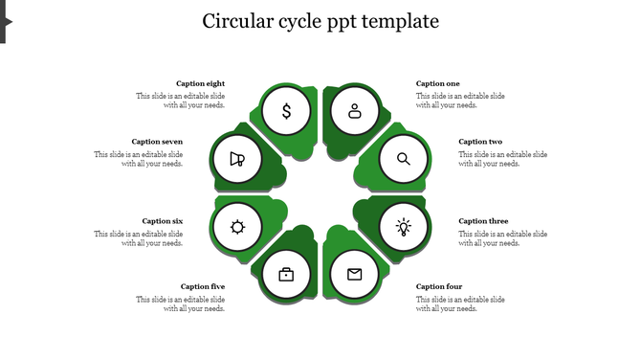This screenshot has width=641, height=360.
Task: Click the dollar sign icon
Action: click(286, 112)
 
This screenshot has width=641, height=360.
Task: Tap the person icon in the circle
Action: click(355, 111)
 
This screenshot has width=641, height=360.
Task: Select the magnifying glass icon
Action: click(404, 159)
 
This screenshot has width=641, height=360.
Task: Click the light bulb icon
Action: click(404, 228)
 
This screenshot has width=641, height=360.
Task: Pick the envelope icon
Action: click(355, 275)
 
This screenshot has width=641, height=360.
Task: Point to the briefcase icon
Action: click(286, 275)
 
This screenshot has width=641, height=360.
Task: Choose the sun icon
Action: click(237, 227)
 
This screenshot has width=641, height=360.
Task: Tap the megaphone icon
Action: click(237, 159)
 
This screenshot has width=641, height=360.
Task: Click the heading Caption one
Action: click(438, 84)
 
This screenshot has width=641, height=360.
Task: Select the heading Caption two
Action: click(480, 142)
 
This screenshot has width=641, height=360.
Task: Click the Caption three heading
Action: click(483, 221)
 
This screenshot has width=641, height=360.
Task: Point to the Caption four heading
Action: click(439, 286)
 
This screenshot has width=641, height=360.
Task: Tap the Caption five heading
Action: click(203, 286)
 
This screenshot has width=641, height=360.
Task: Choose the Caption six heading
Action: click(163, 221)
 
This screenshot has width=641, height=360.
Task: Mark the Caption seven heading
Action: click(157, 142)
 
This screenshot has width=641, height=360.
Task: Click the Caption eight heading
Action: click(201, 84)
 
